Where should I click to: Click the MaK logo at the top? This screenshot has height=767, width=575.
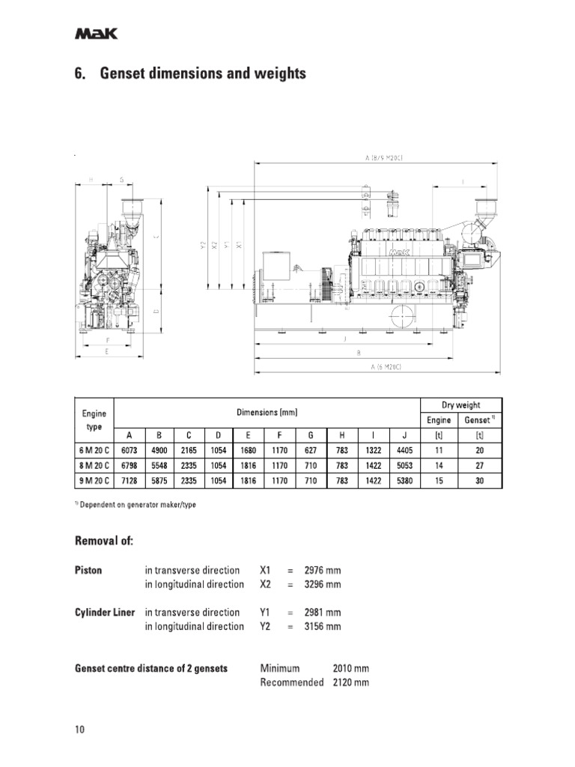coord(95,34)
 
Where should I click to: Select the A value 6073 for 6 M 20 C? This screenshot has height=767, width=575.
coord(129,451)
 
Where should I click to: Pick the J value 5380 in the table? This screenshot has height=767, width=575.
coord(404,481)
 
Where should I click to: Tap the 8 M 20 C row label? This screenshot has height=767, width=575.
coord(94,466)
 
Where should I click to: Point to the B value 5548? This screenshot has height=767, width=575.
coord(159,466)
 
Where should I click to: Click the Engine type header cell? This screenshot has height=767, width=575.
coord(94,419)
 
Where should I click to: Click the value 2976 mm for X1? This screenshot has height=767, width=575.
coord(322,570)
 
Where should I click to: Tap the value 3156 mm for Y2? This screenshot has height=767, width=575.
coord(322,626)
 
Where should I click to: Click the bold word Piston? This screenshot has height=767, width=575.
coord(88,570)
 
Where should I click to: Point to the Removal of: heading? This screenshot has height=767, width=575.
coord(104,541)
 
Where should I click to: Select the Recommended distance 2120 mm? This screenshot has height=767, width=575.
coord(350,682)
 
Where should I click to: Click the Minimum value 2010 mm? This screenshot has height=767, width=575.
coord(350,668)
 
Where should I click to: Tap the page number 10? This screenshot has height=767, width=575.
coord(81,730)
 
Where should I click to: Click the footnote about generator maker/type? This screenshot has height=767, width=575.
coord(137,504)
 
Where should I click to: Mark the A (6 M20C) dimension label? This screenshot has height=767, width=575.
coord(386,367)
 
